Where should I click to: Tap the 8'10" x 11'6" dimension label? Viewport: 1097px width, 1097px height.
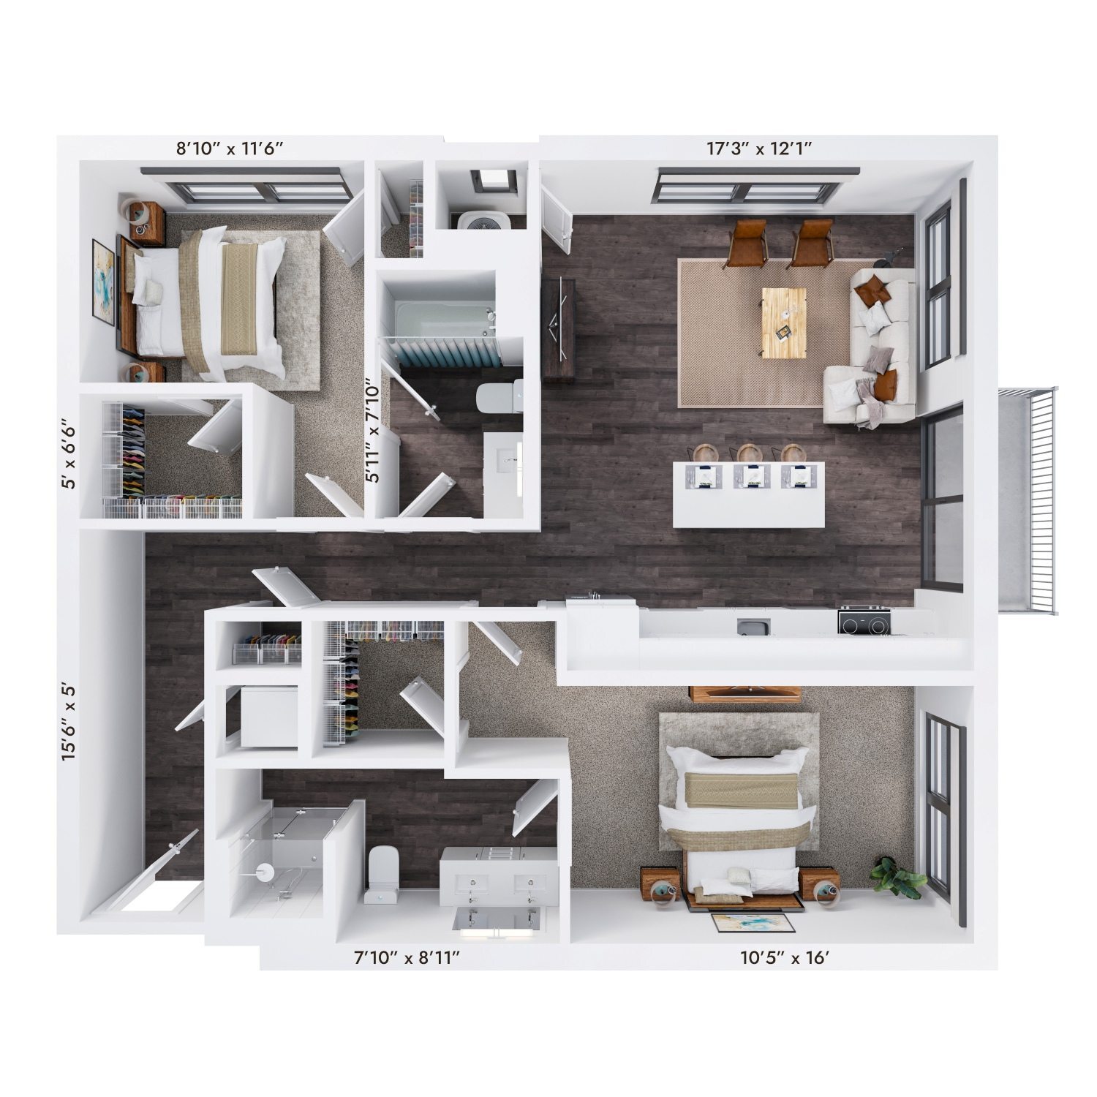tap(229, 148)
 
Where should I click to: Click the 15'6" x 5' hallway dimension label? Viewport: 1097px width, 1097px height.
tap(69, 723)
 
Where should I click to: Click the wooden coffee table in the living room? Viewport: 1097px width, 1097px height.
tap(783, 323)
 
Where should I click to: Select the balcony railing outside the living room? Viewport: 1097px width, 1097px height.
tap(1030, 502)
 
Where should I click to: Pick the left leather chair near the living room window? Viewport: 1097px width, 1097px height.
tap(747, 242)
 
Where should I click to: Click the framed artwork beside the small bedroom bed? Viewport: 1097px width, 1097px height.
tap(103, 282)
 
